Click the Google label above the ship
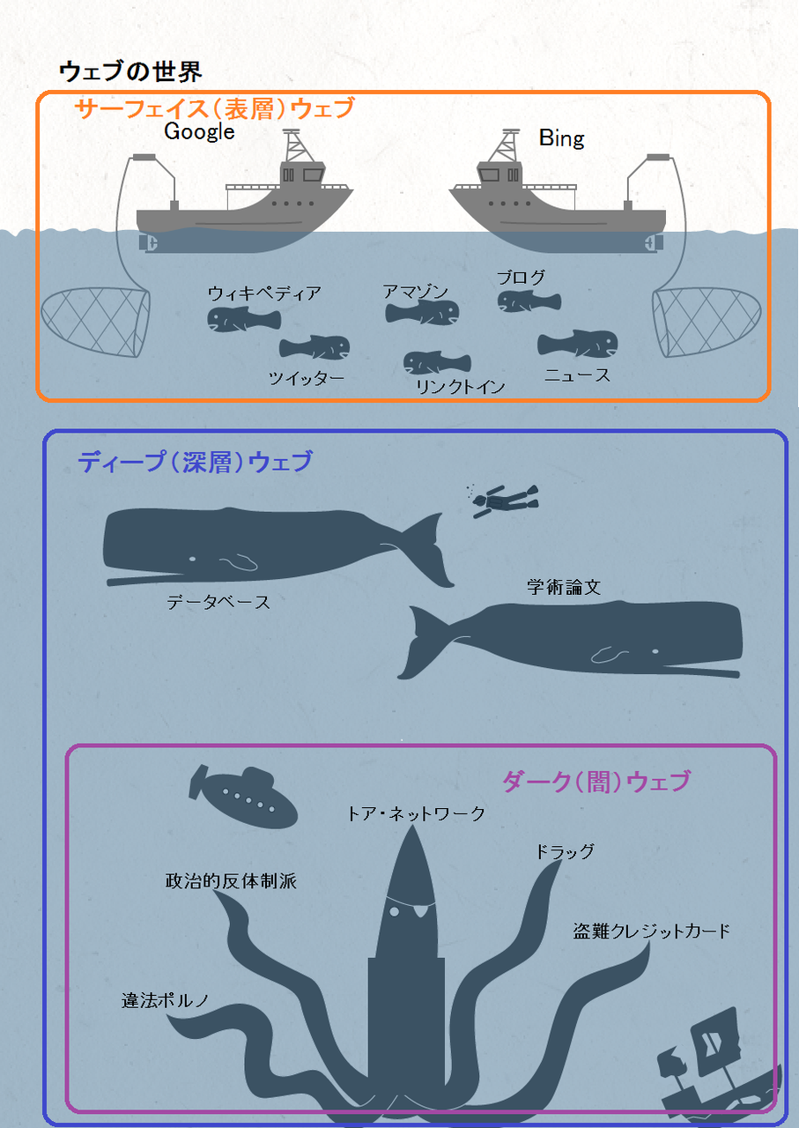point(199,132)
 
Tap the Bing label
point(561,138)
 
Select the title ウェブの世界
point(130,71)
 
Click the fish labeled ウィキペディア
point(244,320)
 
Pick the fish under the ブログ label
point(529,302)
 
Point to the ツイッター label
point(306,378)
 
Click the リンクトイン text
point(460,387)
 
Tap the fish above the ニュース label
point(578,344)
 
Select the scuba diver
point(505,501)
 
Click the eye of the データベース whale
point(192,559)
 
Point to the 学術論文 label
point(564,587)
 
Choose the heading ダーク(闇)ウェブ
point(596,782)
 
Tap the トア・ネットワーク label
point(416,813)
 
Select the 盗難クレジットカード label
point(652,931)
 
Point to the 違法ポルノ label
point(165,1000)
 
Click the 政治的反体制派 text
point(231,881)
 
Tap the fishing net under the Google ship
point(96,322)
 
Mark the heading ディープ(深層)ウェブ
point(196,462)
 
